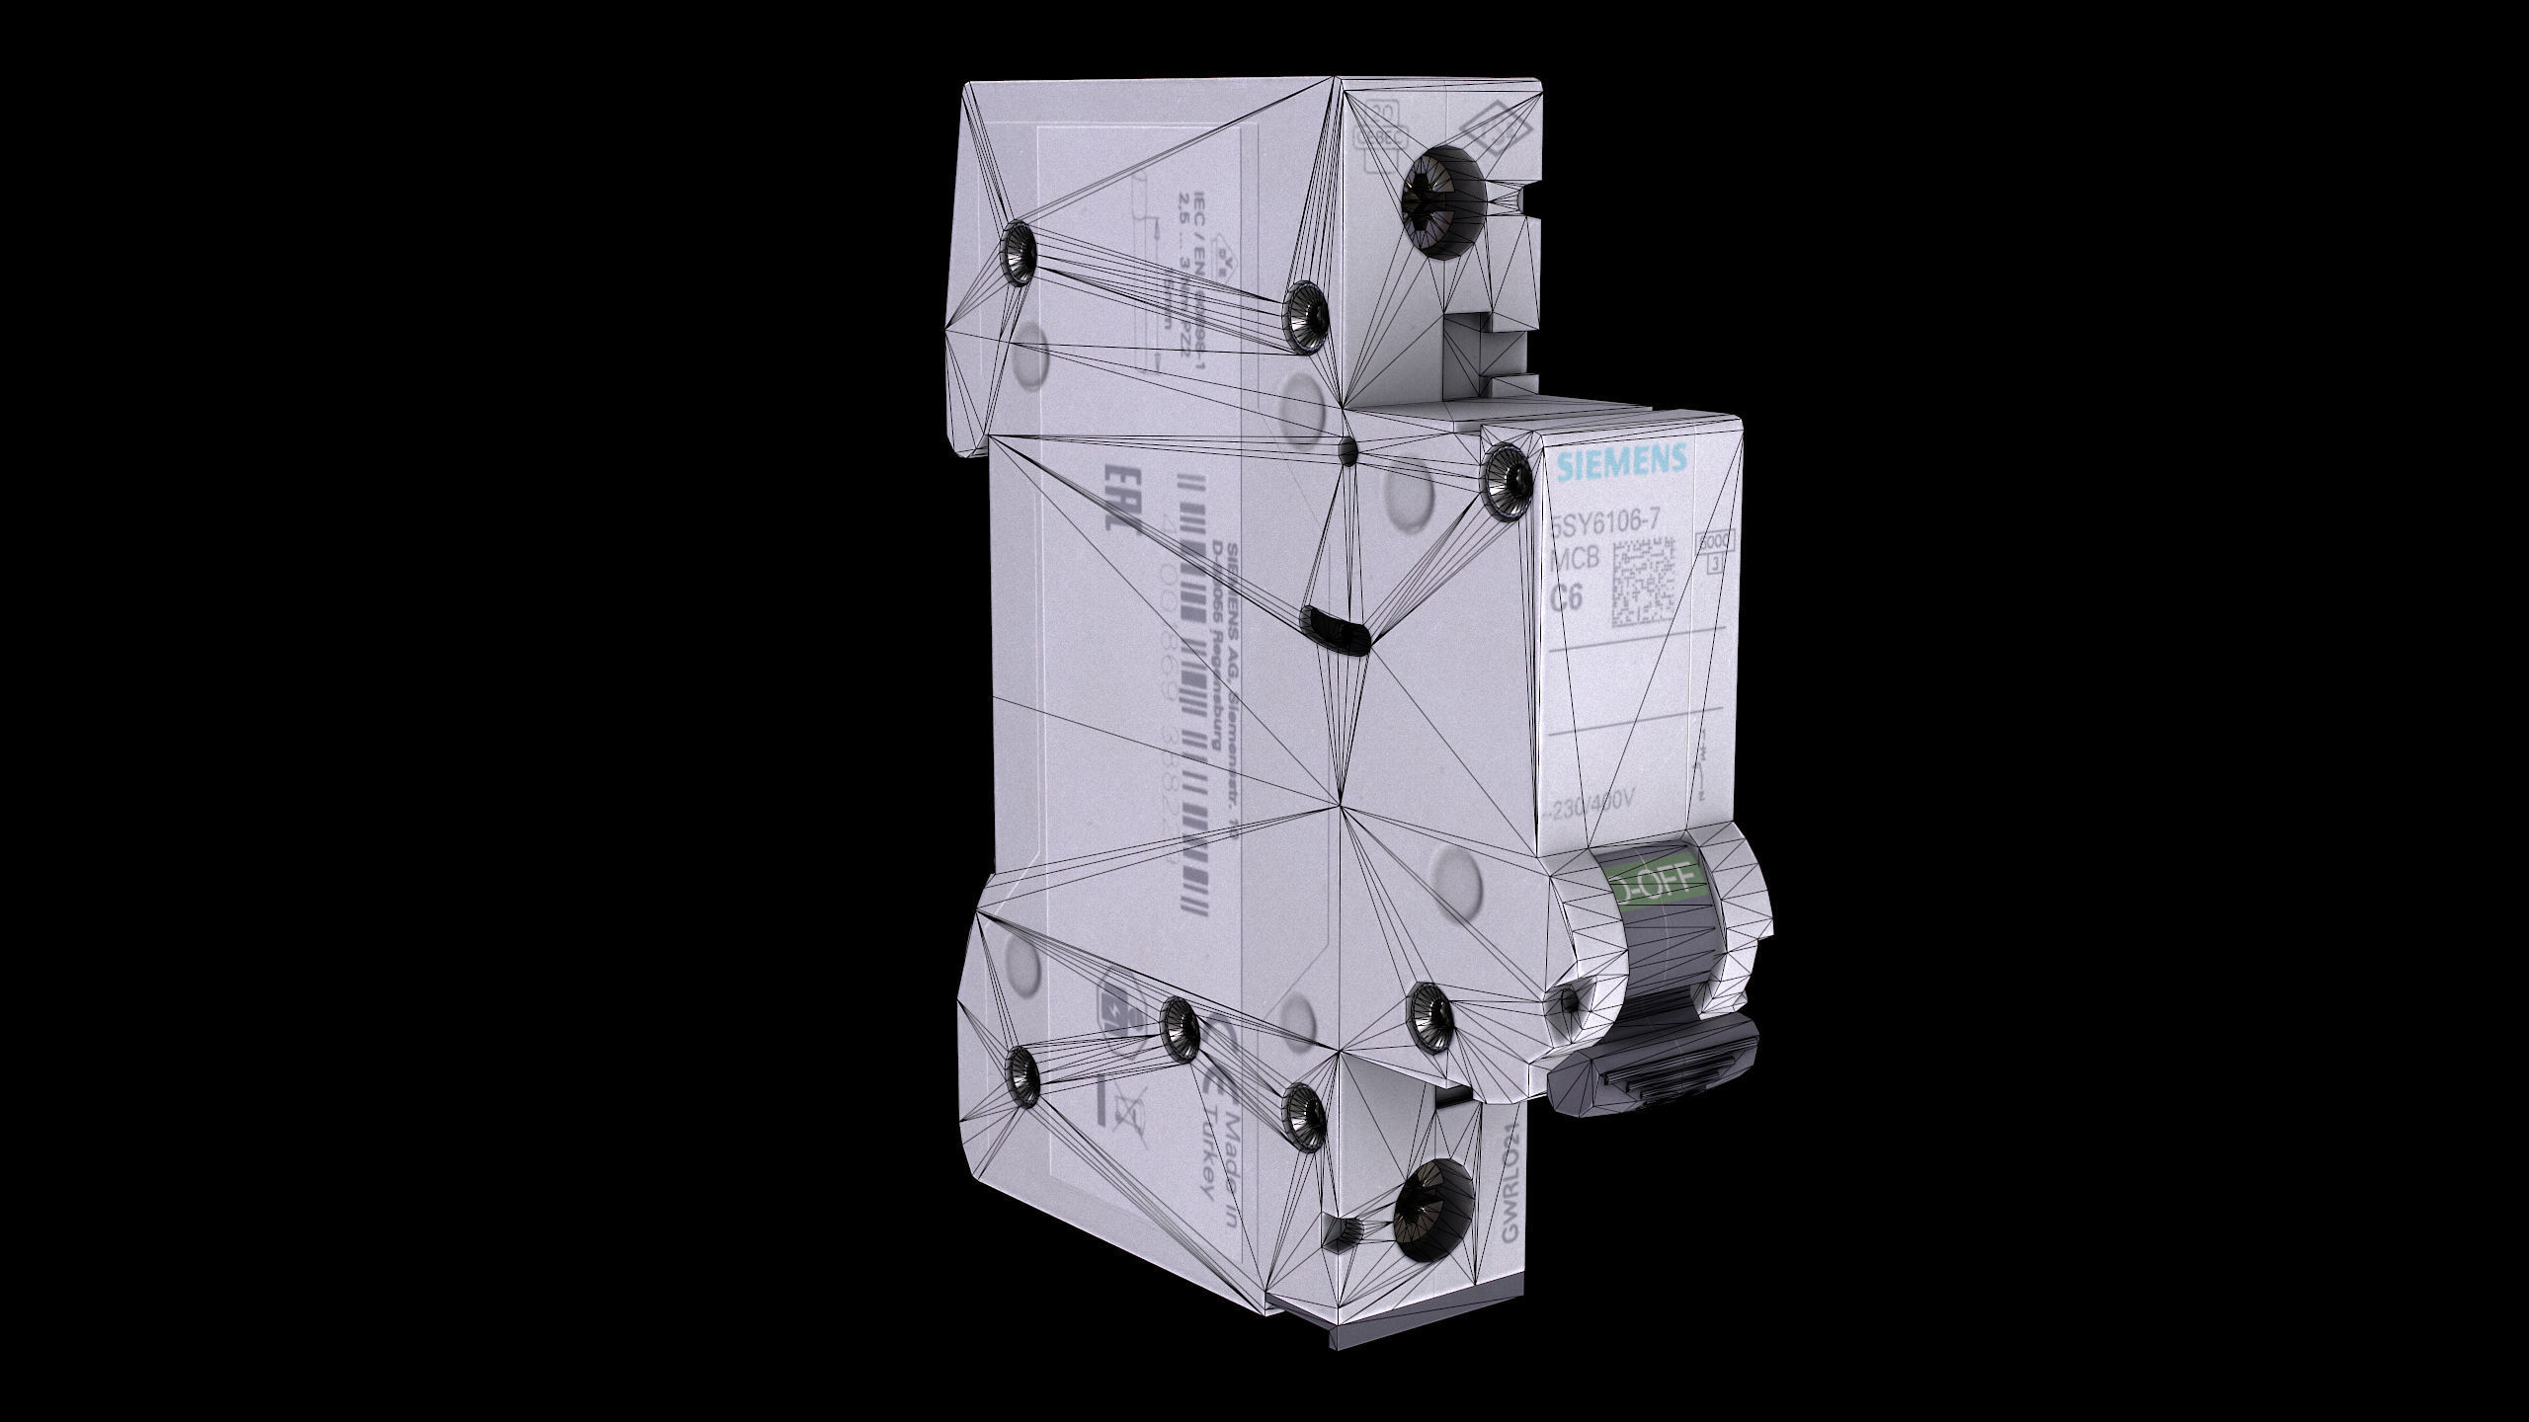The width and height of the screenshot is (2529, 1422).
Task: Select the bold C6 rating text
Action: [x=1567, y=596]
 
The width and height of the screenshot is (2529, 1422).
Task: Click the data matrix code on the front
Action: [x=1645, y=584]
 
